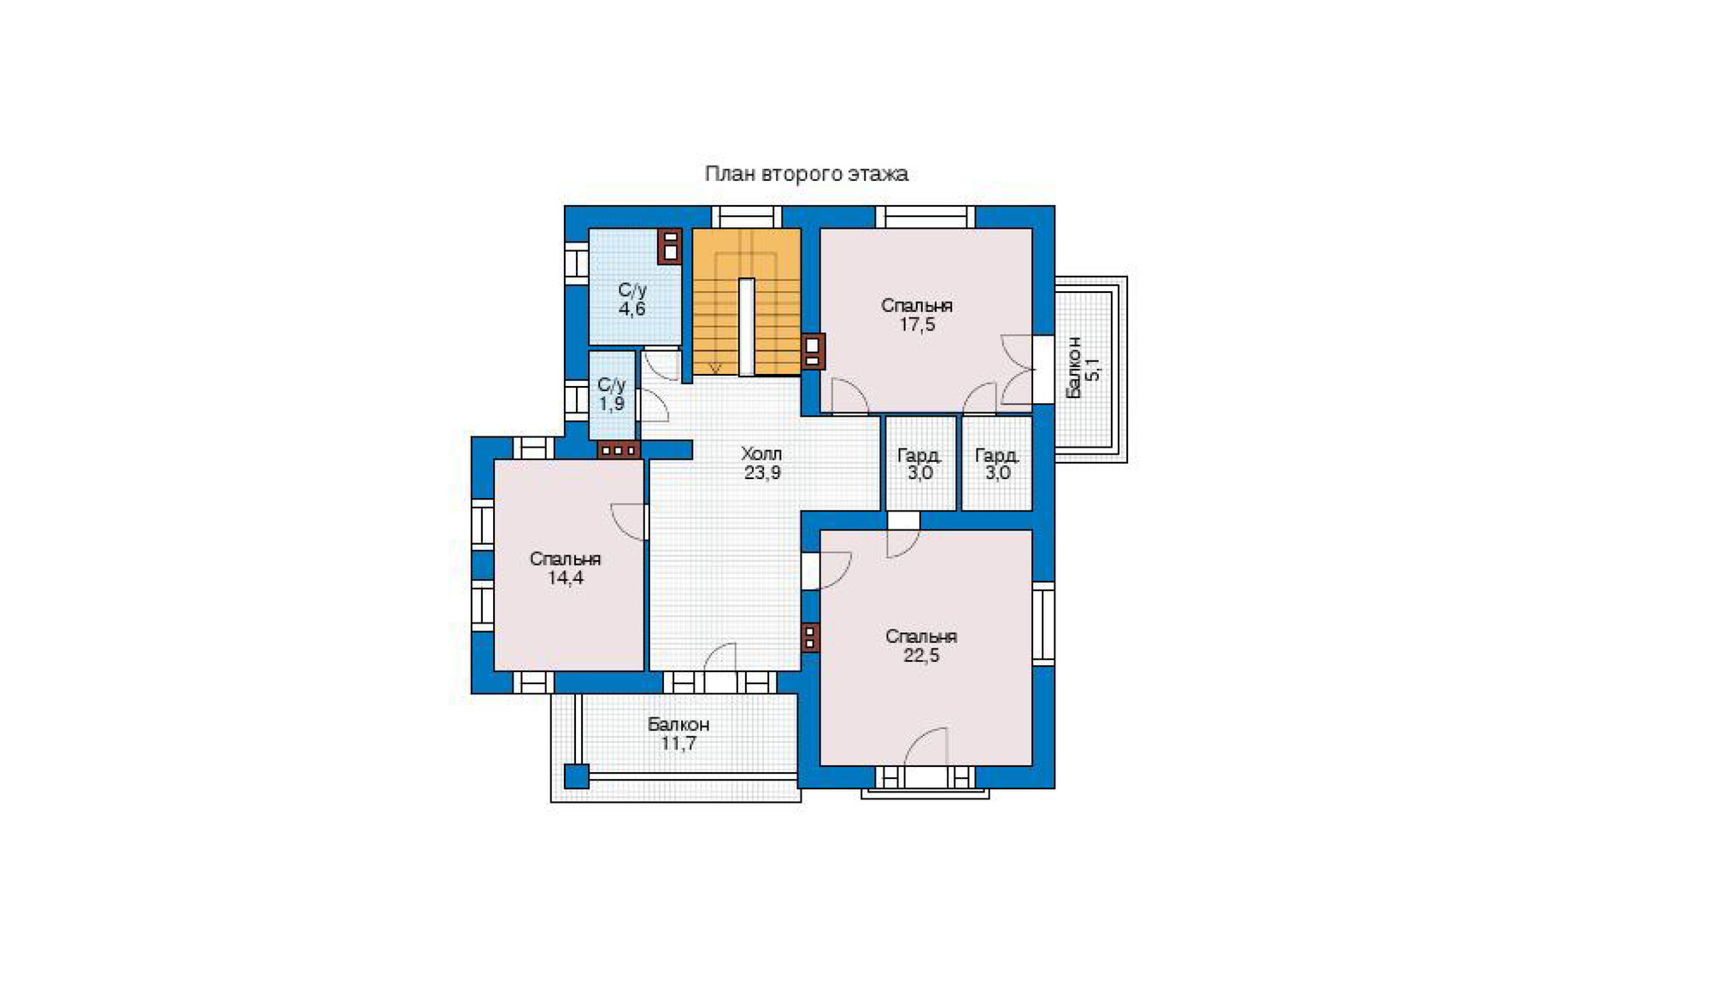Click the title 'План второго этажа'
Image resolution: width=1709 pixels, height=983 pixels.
806,174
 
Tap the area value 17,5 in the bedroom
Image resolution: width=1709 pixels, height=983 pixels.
917,325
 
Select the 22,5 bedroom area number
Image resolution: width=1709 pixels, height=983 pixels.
921,656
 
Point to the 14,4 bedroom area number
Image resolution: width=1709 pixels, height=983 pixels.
566,578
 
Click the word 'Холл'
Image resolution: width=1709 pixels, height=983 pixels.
761,453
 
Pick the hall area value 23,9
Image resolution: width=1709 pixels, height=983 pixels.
762,473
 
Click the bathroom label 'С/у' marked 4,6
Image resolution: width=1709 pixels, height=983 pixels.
632,290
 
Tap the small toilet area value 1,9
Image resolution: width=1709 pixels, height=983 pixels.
611,404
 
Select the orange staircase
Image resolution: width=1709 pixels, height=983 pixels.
746,301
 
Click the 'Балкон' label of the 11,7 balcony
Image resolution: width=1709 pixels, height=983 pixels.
678,724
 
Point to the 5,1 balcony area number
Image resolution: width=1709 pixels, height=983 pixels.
1093,368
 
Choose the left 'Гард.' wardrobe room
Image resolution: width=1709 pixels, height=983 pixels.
920,463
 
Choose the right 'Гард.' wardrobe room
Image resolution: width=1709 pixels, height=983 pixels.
997,463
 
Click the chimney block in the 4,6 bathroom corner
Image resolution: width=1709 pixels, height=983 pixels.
669,246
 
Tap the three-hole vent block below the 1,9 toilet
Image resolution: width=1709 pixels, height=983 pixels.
619,450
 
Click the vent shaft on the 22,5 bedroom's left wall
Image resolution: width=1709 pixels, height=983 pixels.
810,638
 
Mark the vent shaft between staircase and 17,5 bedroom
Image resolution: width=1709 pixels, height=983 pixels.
813,350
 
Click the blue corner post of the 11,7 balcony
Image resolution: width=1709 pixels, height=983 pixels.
577,776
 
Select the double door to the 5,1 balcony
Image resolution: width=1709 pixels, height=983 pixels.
1018,369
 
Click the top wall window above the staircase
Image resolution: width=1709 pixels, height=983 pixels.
747,217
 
